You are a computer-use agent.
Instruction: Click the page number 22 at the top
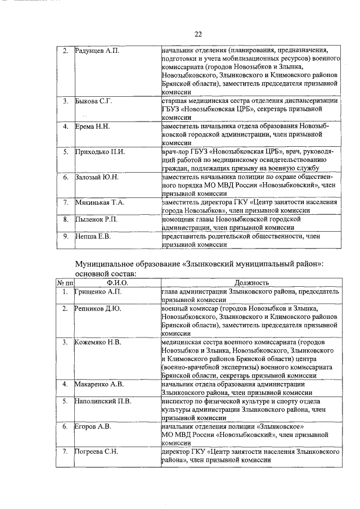pos(198,34)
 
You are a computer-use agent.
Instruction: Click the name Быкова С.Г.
pos(94,101)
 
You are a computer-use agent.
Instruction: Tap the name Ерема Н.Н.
pos(93,127)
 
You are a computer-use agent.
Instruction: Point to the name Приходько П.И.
pos(100,152)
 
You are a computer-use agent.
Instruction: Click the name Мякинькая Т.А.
pos(100,202)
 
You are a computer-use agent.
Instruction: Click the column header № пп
pos(65,282)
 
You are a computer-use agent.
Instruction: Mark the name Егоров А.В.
pos(93,426)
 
